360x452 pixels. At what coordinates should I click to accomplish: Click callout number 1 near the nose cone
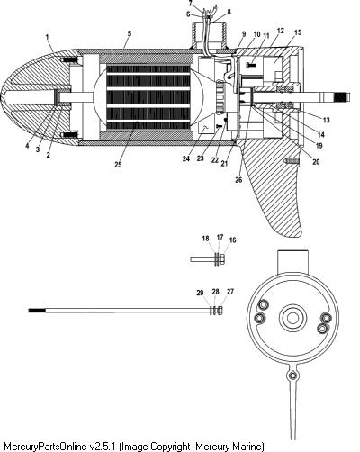[47, 37]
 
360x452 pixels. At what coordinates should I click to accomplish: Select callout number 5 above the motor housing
[130, 33]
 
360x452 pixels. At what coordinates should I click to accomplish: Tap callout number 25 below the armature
[118, 164]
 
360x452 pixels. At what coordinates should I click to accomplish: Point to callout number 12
[281, 31]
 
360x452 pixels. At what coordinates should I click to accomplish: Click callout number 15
[298, 32]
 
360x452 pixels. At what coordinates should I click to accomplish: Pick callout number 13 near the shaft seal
[326, 120]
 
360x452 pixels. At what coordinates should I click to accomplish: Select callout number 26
[238, 180]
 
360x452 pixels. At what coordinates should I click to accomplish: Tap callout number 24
[186, 158]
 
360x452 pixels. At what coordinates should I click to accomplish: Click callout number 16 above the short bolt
[232, 240]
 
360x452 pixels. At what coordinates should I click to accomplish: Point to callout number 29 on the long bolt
[200, 293]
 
